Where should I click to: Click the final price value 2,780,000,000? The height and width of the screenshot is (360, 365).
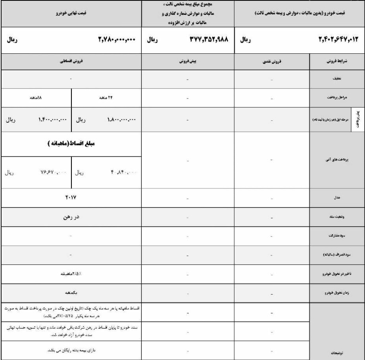click(117, 40)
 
